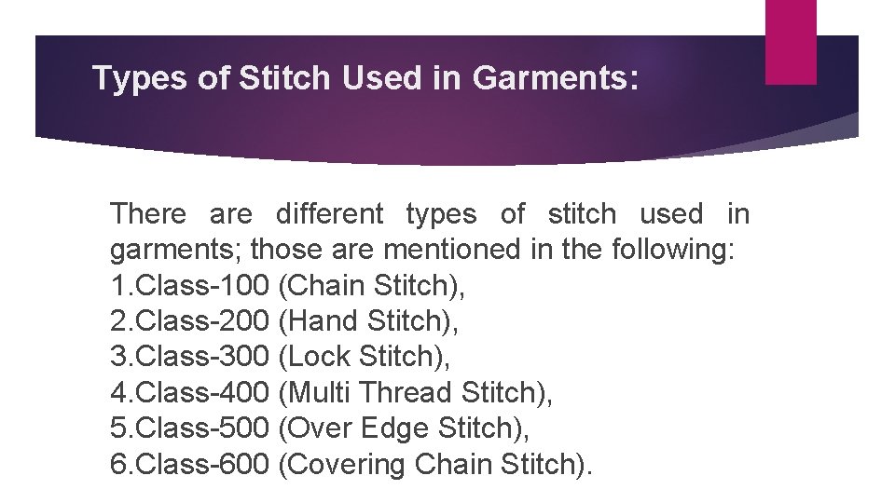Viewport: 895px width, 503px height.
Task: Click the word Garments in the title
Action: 556,80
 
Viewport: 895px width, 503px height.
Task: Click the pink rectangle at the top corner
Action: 790,41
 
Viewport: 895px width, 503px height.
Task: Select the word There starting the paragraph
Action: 148,214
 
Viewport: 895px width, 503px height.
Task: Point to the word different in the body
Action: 329,214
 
